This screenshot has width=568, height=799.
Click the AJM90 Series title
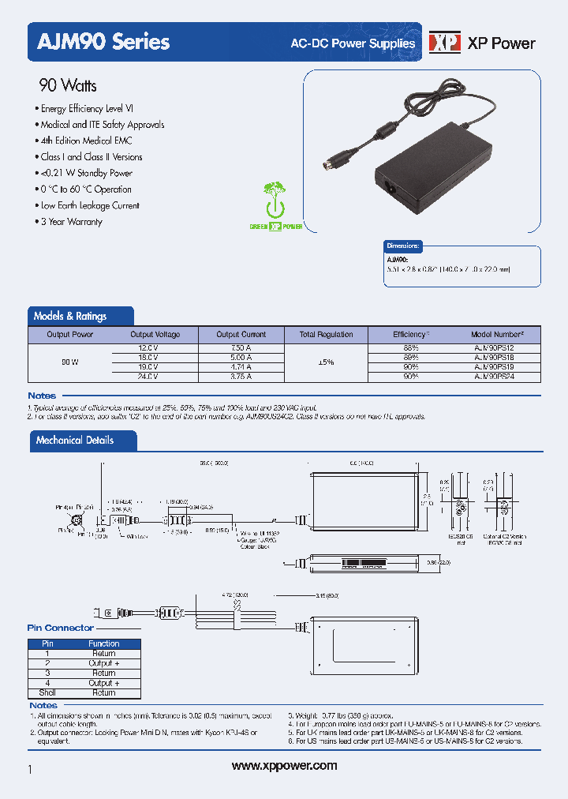click(x=99, y=42)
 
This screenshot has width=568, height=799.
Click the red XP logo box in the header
click(x=443, y=43)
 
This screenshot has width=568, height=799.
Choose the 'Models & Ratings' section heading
click(x=70, y=316)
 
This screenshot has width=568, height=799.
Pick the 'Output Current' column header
click(x=241, y=335)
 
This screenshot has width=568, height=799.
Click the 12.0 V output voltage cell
click(x=148, y=348)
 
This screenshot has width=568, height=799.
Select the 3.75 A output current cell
click(x=241, y=377)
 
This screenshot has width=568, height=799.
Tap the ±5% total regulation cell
click(x=326, y=362)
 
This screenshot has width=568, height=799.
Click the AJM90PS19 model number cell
click(x=495, y=367)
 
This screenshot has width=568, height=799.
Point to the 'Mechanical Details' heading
click(x=75, y=441)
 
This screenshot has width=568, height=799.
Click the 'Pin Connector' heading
click(x=61, y=628)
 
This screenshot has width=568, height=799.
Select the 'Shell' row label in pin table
click(x=47, y=692)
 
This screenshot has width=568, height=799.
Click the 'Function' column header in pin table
click(x=103, y=643)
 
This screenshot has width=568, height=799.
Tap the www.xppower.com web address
click(x=285, y=766)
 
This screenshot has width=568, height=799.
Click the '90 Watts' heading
click(x=68, y=85)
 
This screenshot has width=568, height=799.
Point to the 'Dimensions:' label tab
click(x=403, y=246)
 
